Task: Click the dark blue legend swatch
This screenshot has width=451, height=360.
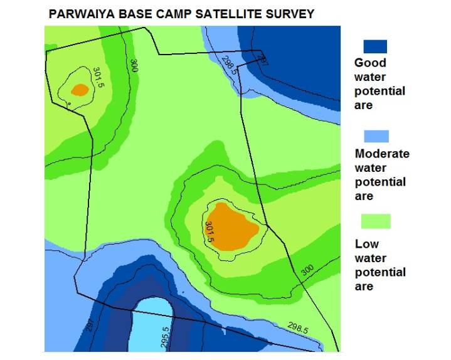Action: click(375, 46)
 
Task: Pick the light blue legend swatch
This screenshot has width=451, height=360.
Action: click(376, 136)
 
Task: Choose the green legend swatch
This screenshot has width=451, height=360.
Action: click(376, 221)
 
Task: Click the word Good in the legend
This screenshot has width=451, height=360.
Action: click(370, 63)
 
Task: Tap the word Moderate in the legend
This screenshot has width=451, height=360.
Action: click(381, 154)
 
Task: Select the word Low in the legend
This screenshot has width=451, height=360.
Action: click(367, 244)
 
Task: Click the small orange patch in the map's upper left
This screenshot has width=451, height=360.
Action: click(80, 90)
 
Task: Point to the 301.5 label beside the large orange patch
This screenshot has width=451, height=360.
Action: click(210, 232)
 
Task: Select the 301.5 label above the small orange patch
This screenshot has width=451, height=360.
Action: click(98, 78)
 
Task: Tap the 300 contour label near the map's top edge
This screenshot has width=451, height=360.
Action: click(134, 65)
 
